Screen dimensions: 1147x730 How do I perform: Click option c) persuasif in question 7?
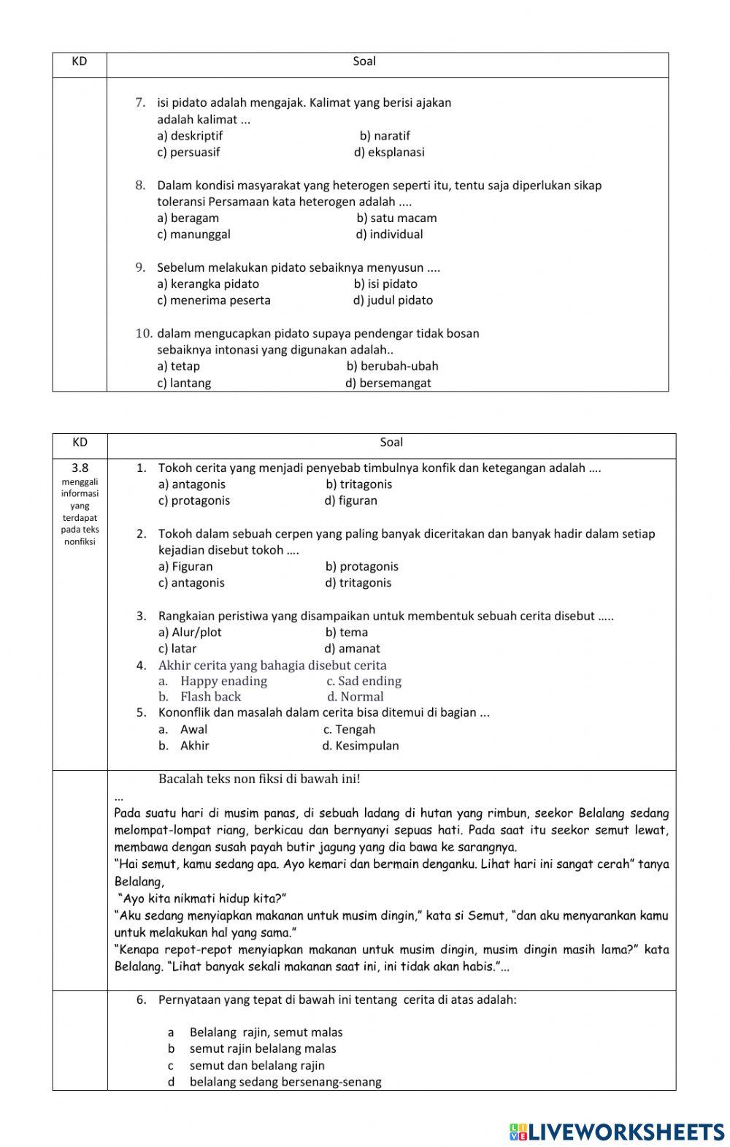click(188, 153)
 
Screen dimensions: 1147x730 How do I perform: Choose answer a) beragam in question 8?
click(188, 218)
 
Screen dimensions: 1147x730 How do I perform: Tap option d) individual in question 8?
click(389, 235)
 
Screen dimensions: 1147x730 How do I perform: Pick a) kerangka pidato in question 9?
click(208, 284)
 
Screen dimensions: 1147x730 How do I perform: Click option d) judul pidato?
click(393, 300)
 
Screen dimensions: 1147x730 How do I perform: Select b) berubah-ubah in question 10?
click(392, 366)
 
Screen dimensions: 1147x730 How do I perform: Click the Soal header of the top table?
click(364, 62)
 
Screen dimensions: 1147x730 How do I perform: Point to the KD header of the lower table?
click(80, 443)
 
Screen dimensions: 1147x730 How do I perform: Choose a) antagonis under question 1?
click(192, 484)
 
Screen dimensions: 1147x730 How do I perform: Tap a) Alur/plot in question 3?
click(190, 633)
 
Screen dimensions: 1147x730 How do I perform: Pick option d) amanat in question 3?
click(352, 649)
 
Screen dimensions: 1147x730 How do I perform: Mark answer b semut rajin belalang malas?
click(263, 1049)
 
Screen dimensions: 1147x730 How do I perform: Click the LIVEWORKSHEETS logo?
click(617, 1132)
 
